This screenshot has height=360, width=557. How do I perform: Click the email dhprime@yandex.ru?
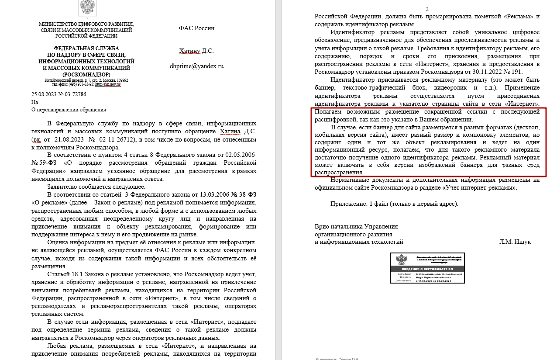[x=196, y=66]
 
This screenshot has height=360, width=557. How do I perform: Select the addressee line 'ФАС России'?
[x=196, y=28]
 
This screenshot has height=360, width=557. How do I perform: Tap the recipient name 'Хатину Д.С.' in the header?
[x=196, y=51]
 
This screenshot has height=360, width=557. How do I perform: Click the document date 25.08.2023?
[x=45, y=94]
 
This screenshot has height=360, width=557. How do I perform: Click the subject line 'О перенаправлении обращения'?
[x=69, y=110]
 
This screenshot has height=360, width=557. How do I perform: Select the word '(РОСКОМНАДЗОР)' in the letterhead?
[x=86, y=74]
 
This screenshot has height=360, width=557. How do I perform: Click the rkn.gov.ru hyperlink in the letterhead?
[x=108, y=84]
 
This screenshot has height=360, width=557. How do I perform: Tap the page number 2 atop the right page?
[x=427, y=9]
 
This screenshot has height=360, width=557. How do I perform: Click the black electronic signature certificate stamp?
[x=427, y=268]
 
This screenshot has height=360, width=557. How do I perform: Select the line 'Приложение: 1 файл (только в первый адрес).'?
[x=394, y=204]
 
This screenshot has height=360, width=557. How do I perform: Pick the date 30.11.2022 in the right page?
[x=481, y=72]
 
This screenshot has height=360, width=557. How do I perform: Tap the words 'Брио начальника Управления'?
[x=356, y=226]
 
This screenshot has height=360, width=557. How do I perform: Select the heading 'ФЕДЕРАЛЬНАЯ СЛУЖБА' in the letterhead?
[x=86, y=48]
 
